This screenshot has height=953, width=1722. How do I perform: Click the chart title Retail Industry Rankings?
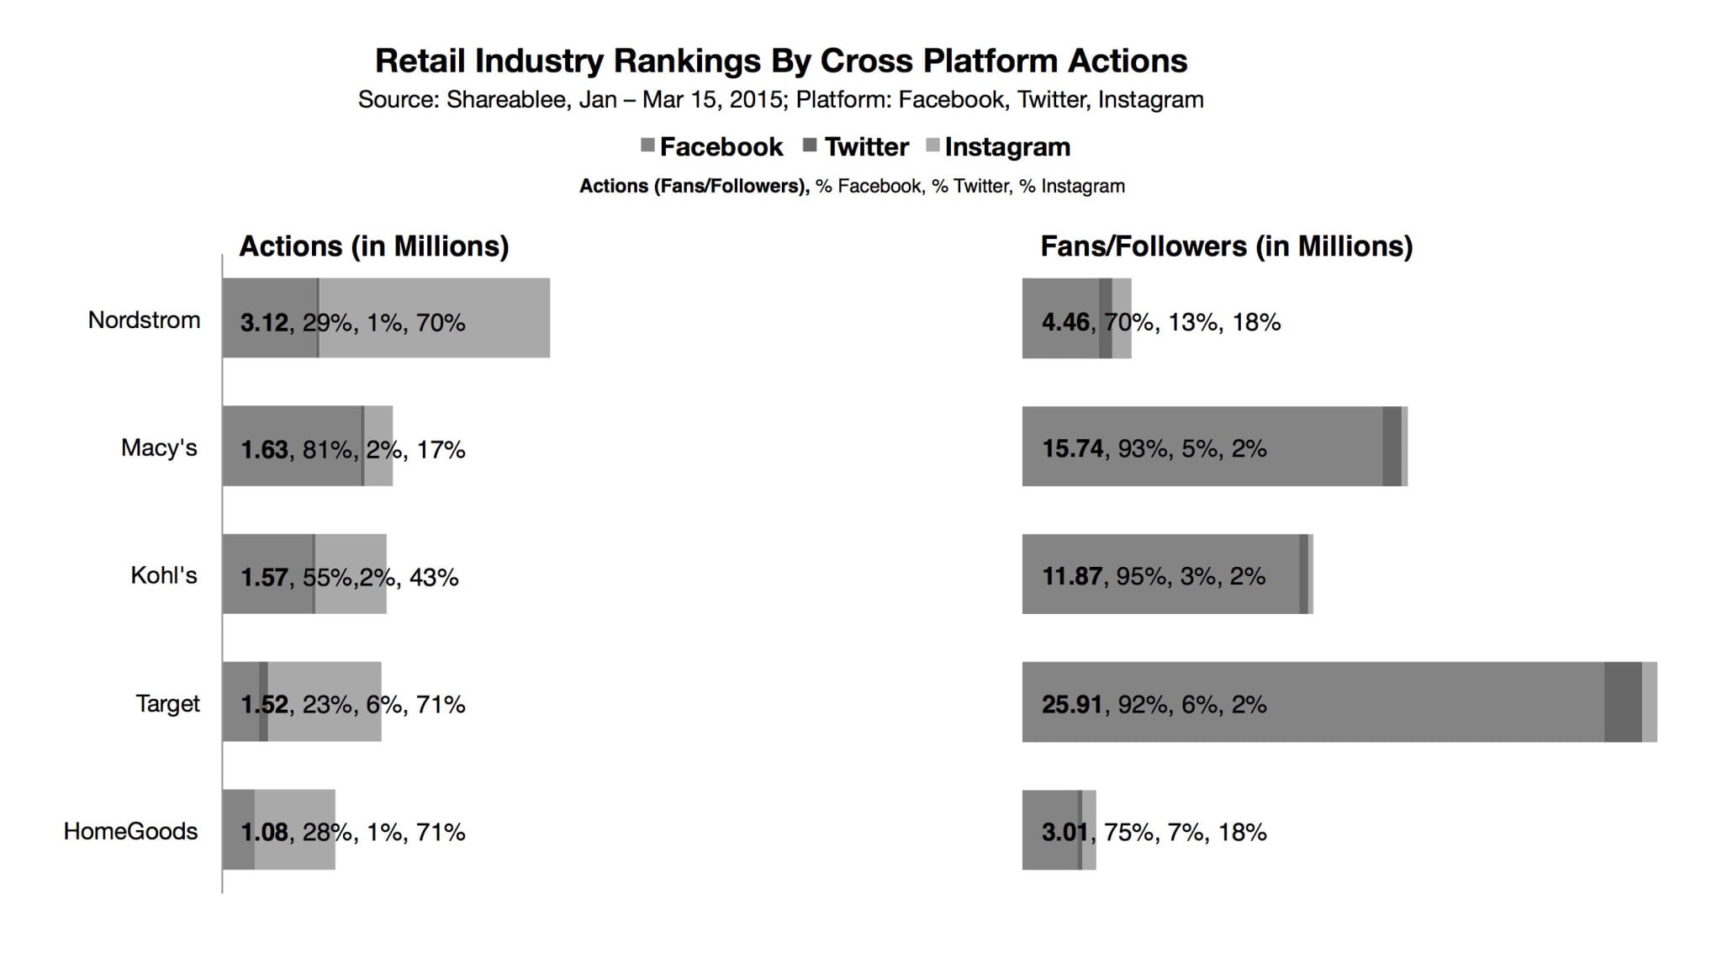780,61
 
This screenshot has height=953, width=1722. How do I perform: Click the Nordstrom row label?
144,320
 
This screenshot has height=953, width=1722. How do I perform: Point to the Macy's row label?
159,447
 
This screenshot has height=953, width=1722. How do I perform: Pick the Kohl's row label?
164,575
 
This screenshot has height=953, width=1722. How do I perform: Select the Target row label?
167,703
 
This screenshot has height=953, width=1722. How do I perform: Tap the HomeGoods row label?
130,831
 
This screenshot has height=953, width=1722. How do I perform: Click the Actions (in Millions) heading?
374,246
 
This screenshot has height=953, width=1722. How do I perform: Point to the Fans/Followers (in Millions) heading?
1226,246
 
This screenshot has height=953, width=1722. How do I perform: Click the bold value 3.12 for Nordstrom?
264,322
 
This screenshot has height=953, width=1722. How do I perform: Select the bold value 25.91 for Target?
1071,704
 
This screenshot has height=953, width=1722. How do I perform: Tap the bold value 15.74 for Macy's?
1072,448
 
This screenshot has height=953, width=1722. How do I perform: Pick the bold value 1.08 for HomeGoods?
264,832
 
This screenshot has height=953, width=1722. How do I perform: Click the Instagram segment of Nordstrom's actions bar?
504,318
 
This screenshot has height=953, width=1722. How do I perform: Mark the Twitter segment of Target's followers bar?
1623,702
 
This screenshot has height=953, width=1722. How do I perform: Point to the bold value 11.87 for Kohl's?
1071,576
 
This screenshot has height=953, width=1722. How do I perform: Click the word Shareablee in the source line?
506,100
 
